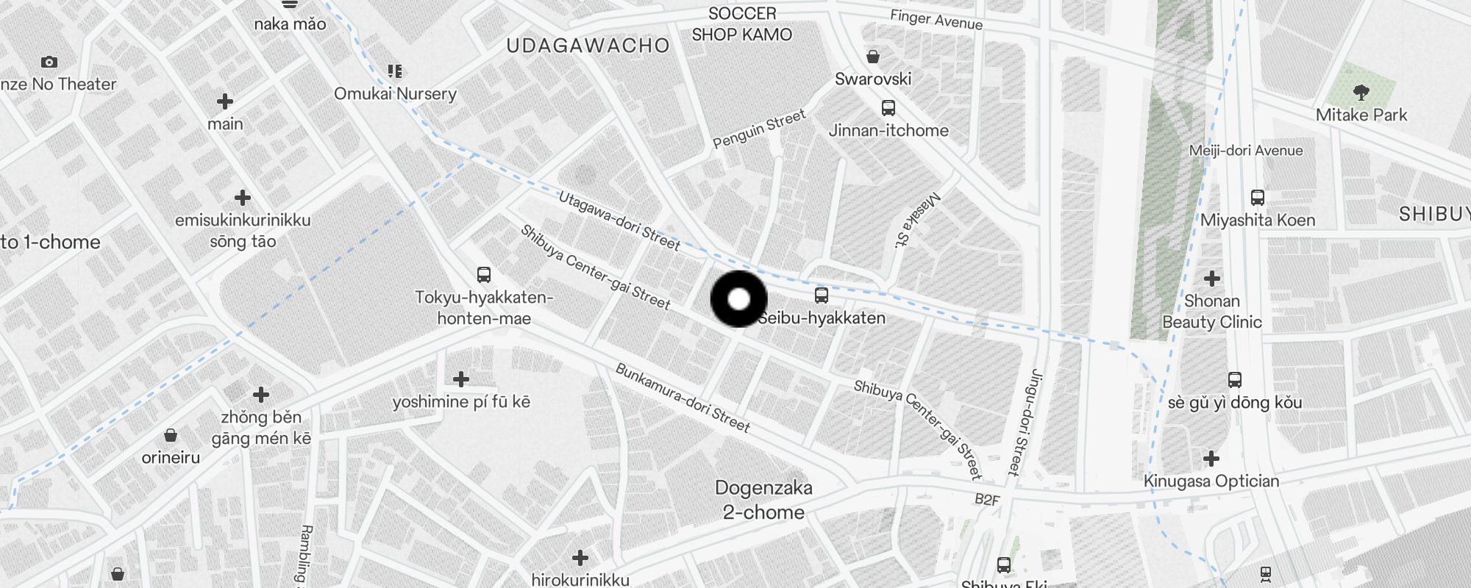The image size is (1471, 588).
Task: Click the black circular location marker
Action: pos(738,299)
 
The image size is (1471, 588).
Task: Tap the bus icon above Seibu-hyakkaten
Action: pos(822,295)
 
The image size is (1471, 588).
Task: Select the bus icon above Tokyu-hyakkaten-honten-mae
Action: pos(483,275)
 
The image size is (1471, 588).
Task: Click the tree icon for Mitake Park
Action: pos(1361,92)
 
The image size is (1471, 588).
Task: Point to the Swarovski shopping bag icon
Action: pos(873,57)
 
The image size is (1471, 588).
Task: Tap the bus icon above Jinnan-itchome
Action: pos(888,108)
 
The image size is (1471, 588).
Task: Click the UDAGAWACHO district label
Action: pos(588,46)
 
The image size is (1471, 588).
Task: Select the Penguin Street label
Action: pos(759,129)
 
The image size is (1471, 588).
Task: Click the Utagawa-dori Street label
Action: pos(619,220)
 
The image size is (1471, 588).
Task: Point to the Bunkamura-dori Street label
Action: pos(683,398)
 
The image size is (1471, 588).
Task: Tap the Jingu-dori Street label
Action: pos(1023,422)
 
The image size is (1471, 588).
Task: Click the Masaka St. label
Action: pos(916,220)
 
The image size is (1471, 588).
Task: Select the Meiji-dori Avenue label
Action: pos(1246,151)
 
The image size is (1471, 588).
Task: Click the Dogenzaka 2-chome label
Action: pos(763,500)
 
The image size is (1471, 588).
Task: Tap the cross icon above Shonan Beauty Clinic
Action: pos(1211,279)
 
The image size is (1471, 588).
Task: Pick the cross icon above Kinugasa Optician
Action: pos(1211,459)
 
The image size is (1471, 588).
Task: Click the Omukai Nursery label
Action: pos(395,93)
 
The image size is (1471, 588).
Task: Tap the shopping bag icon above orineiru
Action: pos(171,435)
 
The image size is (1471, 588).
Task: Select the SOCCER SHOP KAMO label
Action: pos(742,24)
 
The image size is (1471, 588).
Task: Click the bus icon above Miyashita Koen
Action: pos(1258,198)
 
